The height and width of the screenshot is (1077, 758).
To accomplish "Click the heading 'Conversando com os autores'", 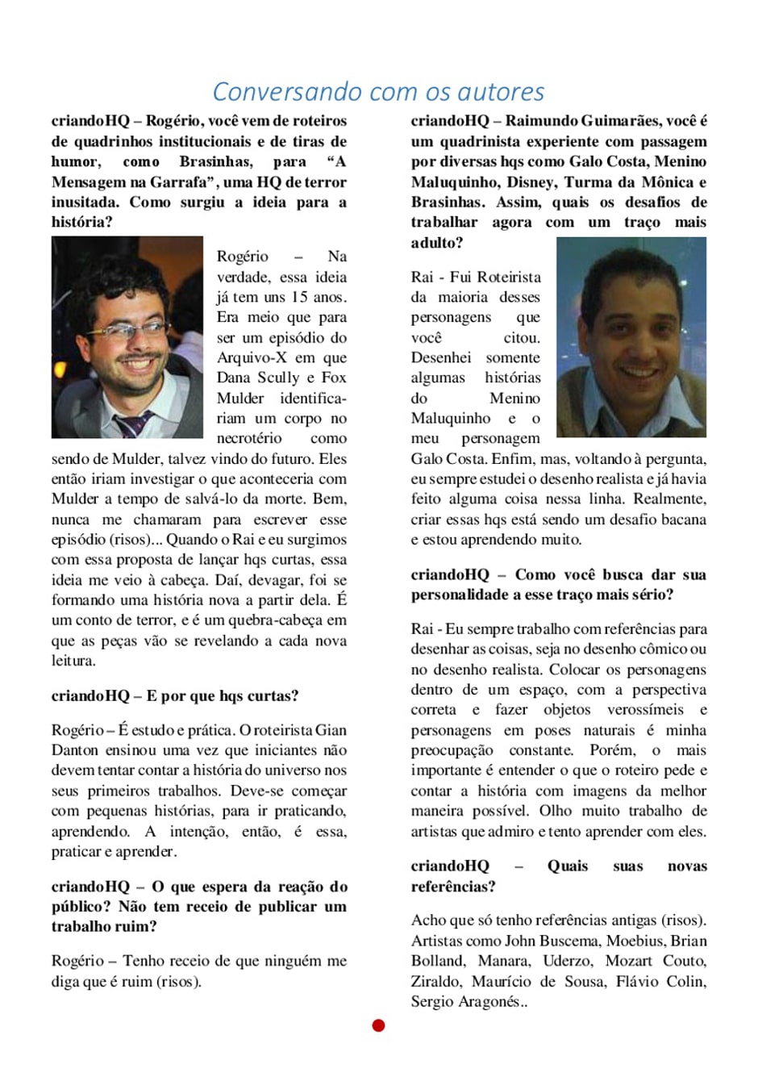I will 378,92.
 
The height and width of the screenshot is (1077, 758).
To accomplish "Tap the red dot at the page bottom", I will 378,1025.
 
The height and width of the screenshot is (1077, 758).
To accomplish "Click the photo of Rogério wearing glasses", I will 127,337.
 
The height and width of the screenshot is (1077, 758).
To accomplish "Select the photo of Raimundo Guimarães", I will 631,337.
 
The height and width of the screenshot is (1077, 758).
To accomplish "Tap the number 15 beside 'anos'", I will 300,297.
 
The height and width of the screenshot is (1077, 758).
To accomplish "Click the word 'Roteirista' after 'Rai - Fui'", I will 510,277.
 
